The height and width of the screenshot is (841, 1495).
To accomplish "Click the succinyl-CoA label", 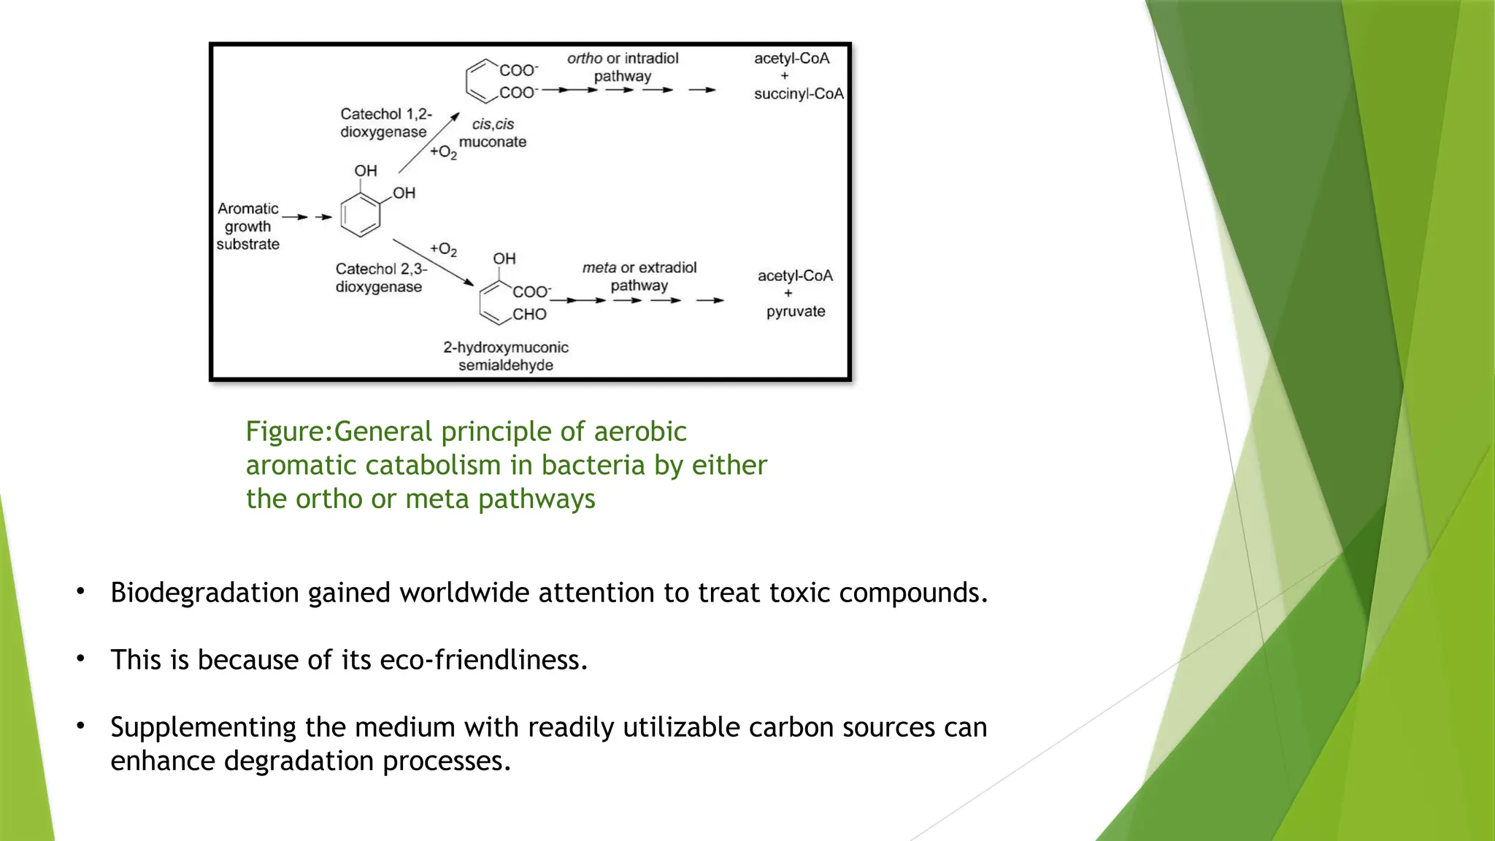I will pyautogui.click(x=799, y=94).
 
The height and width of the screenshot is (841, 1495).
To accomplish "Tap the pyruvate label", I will pyautogui.click(x=796, y=312).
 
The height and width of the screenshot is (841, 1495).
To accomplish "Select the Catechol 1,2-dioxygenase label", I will pyautogui.click(x=385, y=123).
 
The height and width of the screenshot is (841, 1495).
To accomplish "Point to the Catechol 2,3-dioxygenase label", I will pyautogui.click(x=380, y=278).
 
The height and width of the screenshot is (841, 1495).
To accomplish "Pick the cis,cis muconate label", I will pyautogui.click(x=493, y=133).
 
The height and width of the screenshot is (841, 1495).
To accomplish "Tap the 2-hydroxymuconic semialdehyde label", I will pyautogui.click(x=505, y=356).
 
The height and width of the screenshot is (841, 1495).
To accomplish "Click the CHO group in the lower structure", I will pyautogui.click(x=529, y=315).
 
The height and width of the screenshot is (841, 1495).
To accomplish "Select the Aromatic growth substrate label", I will pyautogui.click(x=248, y=226).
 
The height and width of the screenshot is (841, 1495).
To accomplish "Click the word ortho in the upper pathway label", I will pyautogui.click(x=584, y=58).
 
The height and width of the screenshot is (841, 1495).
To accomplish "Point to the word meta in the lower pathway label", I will pyautogui.click(x=599, y=268).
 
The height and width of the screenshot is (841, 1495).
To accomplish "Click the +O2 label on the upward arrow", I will pyautogui.click(x=443, y=152).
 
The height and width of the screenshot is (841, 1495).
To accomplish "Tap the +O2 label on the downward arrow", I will pyautogui.click(x=443, y=250).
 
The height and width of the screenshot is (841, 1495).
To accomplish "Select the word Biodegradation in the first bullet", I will pyautogui.click(x=204, y=593).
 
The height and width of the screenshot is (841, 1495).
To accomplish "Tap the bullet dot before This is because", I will pyautogui.click(x=81, y=659).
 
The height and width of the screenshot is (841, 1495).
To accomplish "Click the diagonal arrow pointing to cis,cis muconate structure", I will pyautogui.click(x=429, y=143).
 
